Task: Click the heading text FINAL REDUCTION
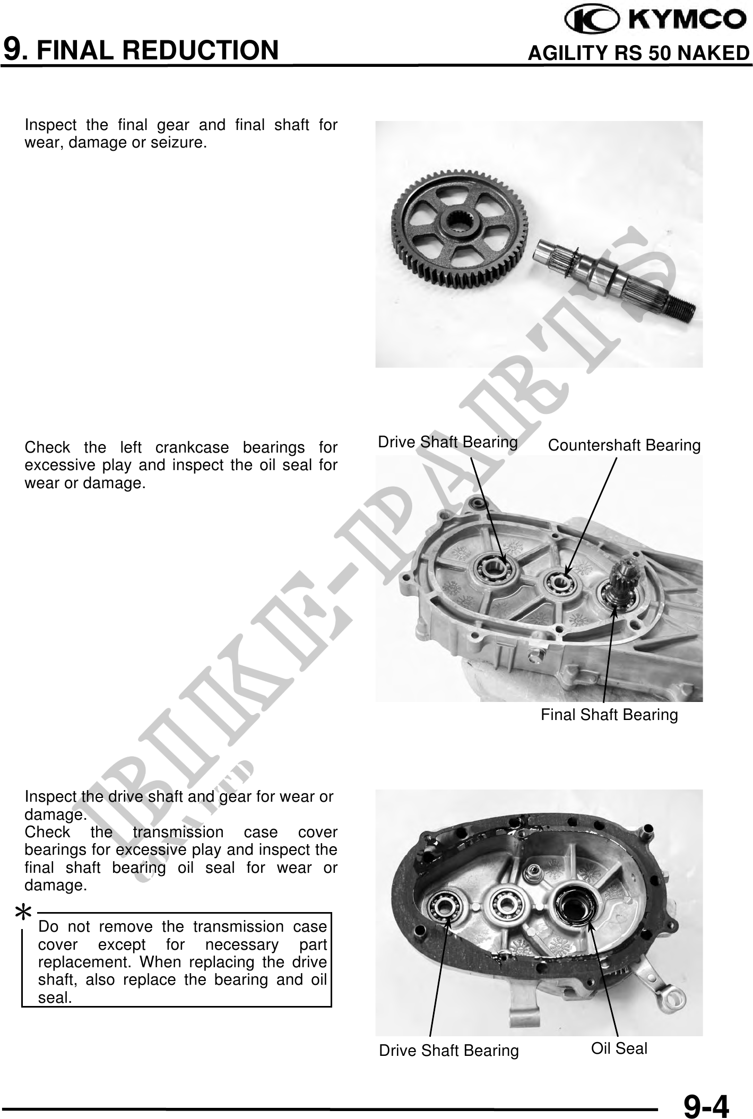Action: pyautogui.click(x=158, y=50)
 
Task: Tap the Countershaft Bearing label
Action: pyautogui.click(x=624, y=445)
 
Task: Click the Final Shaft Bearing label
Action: pyautogui.click(x=609, y=715)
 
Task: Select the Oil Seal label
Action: pyautogui.click(x=619, y=1048)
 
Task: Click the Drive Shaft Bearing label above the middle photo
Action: pyautogui.click(x=447, y=442)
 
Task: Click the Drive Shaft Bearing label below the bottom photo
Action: pyautogui.click(x=448, y=1051)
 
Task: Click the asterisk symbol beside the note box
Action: pyautogui.click(x=23, y=914)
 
